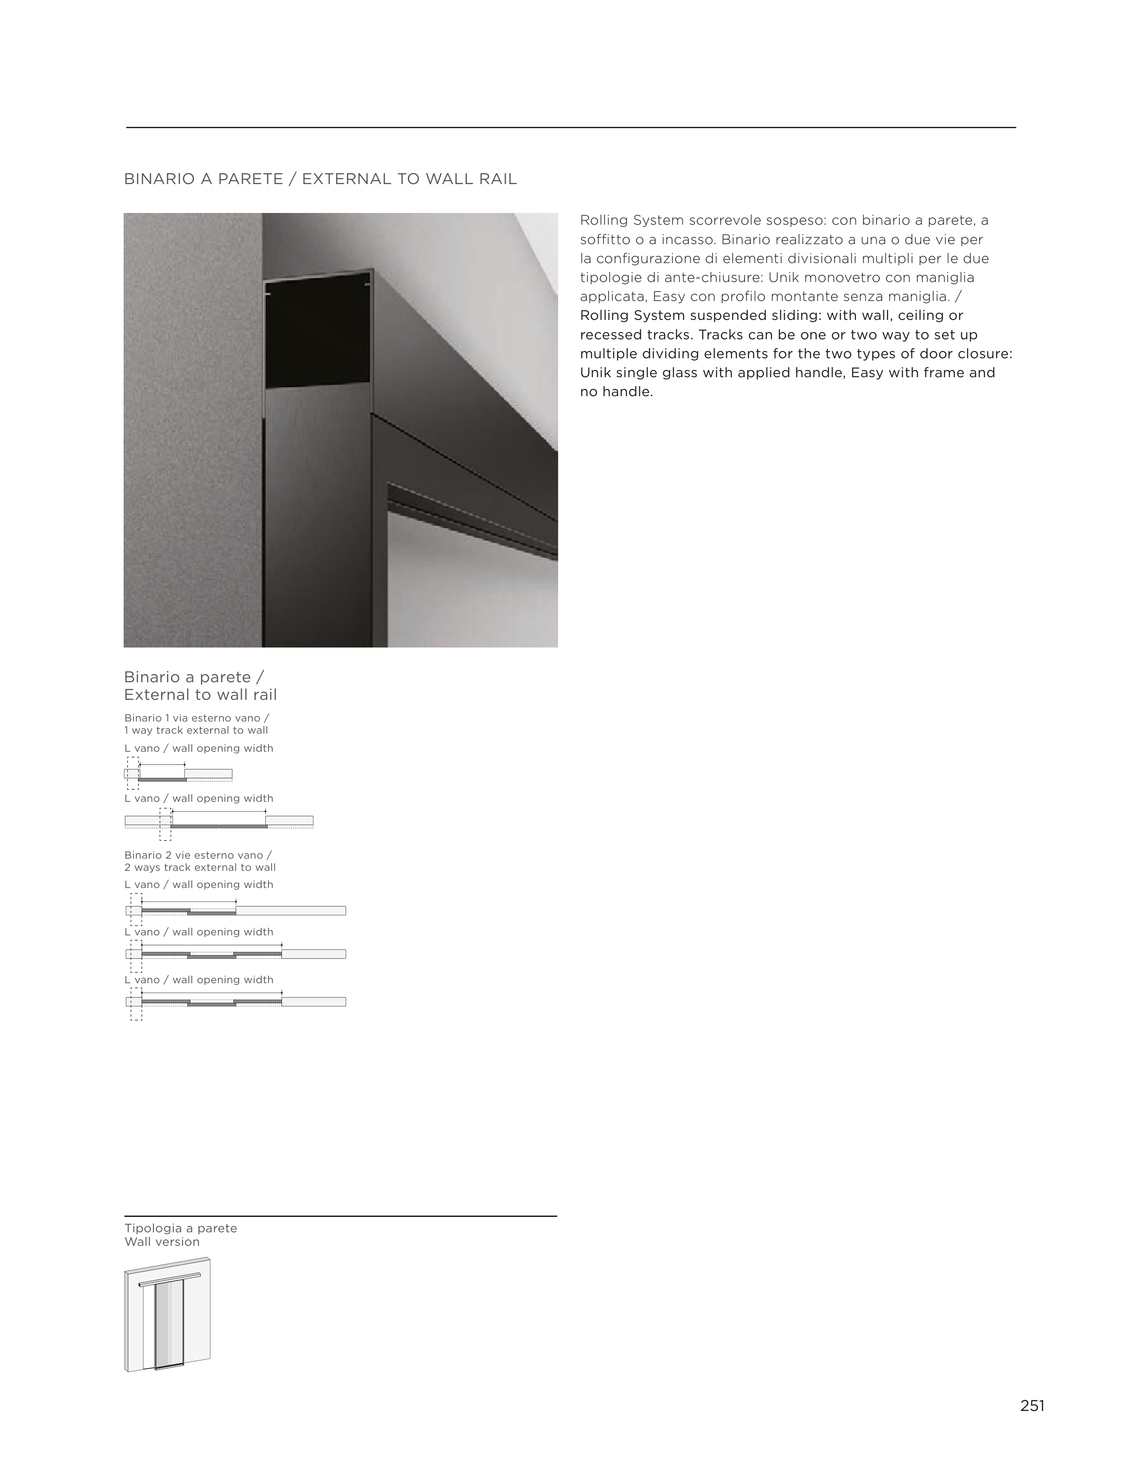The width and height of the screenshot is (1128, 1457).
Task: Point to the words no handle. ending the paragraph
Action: (616, 392)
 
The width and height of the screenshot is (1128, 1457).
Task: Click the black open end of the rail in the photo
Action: (318, 330)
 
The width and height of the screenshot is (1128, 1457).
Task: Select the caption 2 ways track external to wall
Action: (199, 867)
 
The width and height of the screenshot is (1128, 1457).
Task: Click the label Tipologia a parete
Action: (180, 1228)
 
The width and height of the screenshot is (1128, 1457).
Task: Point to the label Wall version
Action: (162, 1241)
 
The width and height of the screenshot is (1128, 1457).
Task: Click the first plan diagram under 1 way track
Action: (178, 774)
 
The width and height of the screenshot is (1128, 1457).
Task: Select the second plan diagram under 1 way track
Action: (219, 821)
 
